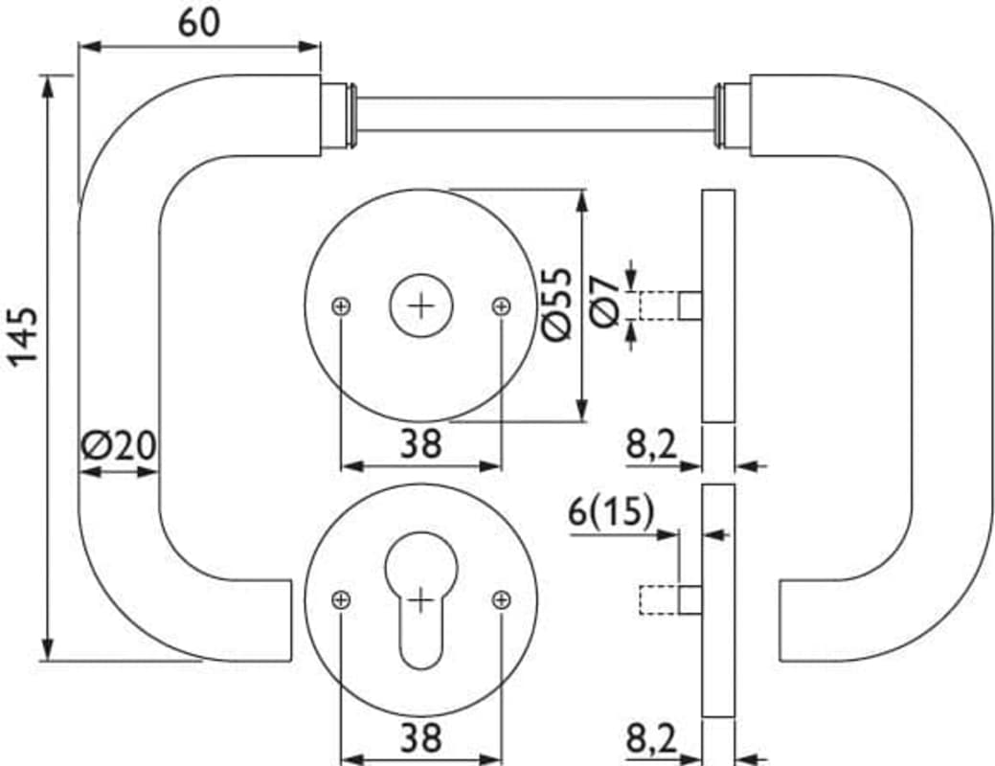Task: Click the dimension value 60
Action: pos(198,24)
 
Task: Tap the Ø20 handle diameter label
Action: pos(119,445)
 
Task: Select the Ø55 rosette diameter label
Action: pos(557,304)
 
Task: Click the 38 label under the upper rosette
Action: pos(420,443)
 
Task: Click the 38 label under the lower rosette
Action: pos(420,738)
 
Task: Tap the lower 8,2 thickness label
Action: pos(652,738)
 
